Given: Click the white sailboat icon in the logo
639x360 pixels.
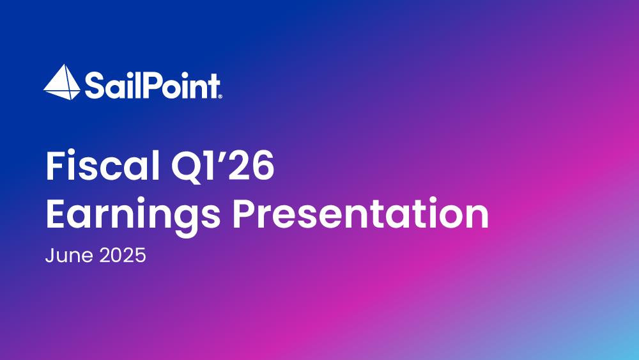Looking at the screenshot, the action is point(62,82).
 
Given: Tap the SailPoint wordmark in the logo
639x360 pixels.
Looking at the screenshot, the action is point(152,85).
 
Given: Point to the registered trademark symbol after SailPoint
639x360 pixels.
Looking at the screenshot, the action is point(220,97).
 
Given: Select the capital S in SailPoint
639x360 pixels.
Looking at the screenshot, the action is point(93,86).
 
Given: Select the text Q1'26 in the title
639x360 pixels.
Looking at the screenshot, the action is point(222,166).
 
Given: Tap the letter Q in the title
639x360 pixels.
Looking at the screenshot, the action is point(187,167).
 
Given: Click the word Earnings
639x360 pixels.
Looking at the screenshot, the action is point(133,215).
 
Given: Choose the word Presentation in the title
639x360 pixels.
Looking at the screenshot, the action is point(360,213).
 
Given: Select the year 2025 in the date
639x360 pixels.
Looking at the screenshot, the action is point(123,256).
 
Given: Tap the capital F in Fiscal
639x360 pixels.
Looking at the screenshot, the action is point(56,166).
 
